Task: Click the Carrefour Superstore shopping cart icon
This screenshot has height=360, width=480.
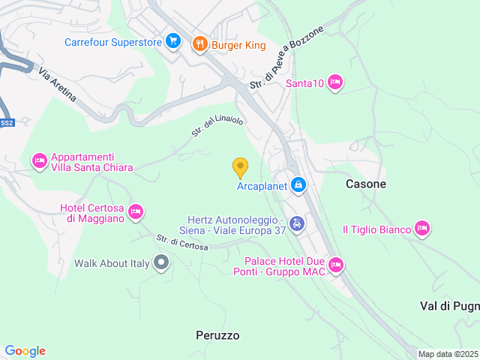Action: (x=173, y=42)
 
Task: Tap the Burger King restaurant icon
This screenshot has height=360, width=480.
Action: (x=199, y=44)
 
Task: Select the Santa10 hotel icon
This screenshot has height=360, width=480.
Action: (x=335, y=82)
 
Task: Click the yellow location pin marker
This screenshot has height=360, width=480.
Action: (x=240, y=167)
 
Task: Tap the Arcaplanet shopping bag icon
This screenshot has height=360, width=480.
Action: (x=298, y=184)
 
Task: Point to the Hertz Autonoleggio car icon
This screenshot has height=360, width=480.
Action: (x=298, y=223)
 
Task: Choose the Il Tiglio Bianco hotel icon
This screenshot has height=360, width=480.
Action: (x=422, y=228)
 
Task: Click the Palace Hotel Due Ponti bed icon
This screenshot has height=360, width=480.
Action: (x=336, y=264)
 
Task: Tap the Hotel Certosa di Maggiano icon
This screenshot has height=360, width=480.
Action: (x=136, y=211)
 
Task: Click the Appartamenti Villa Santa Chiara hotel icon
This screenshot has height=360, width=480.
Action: (x=39, y=160)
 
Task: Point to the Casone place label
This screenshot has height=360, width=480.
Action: (x=366, y=184)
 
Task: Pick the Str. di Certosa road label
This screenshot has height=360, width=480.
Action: (x=182, y=243)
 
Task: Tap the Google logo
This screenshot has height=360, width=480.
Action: (x=25, y=351)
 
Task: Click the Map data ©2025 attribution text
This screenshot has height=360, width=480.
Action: (x=448, y=355)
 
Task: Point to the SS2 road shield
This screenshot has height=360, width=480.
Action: (x=6, y=122)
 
